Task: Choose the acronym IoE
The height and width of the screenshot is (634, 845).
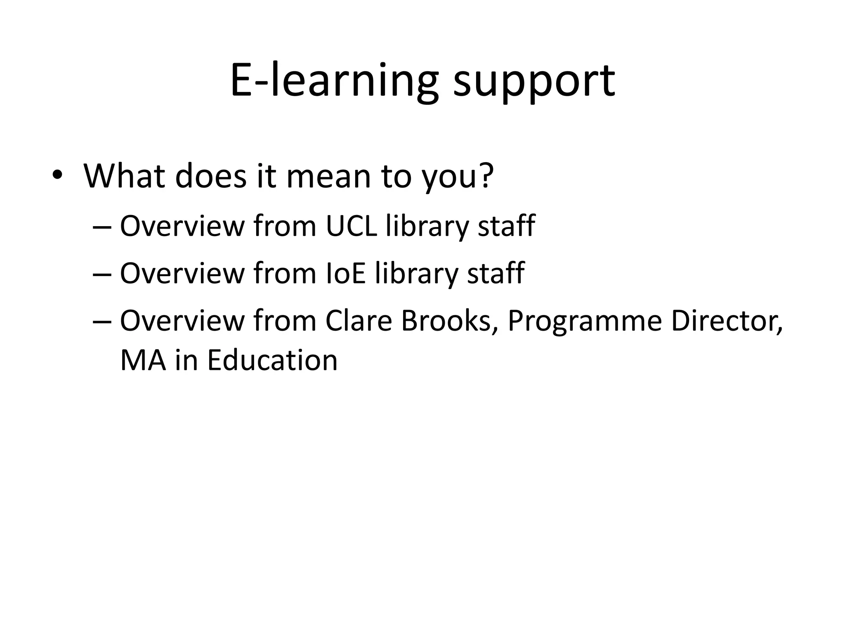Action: (345, 273)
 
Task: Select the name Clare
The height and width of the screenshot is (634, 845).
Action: (358, 321)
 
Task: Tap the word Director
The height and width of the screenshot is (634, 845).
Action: (727, 321)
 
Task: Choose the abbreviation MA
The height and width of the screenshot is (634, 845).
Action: (143, 360)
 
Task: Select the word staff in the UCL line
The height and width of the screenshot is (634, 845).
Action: (506, 226)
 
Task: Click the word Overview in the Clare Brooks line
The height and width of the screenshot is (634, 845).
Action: (182, 321)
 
